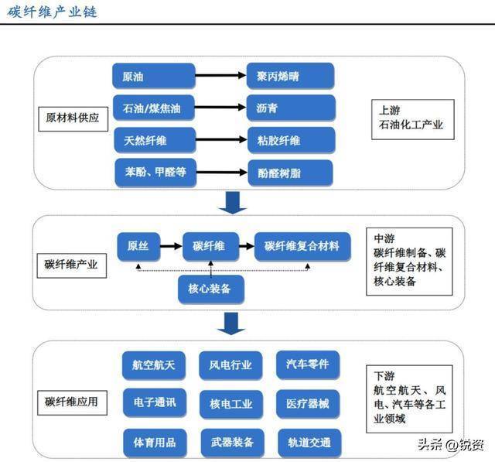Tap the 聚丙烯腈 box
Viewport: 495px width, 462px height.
(x=290, y=76)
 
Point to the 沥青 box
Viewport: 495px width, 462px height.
(x=290, y=108)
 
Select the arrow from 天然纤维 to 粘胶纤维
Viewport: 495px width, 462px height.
(x=220, y=140)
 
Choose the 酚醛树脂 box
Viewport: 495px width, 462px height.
(x=290, y=173)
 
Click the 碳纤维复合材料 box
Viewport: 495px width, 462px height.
(x=302, y=246)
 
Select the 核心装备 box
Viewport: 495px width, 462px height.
(x=210, y=289)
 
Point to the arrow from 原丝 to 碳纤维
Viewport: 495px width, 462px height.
(x=170, y=246)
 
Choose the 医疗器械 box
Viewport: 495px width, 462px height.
(x=307, y=402)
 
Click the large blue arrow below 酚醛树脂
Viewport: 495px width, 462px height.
(x=231, y=200)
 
